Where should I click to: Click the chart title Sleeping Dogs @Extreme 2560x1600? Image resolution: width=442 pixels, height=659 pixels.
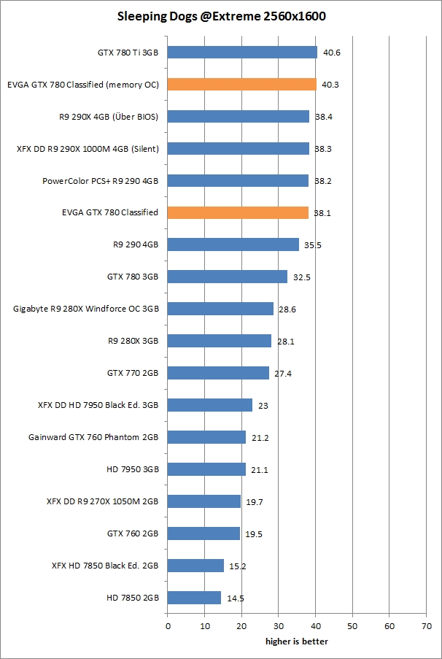pos(221,15)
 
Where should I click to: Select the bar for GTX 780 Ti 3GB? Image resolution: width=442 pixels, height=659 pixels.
pos(242,53)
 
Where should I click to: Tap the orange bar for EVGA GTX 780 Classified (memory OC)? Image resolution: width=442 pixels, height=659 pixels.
pos(241,85)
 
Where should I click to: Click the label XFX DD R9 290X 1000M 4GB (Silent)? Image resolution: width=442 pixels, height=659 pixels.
pos(88,149)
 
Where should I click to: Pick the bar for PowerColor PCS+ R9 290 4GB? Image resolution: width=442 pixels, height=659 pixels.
pos(238,181)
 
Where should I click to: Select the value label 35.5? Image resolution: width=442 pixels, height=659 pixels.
pos(313,245)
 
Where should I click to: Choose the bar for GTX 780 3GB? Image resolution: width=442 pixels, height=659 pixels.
pos(228,277)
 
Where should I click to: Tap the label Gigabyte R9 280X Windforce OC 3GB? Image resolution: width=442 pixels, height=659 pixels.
pos(86,309)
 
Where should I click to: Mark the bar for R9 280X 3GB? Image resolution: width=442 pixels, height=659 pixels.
pos(220,341)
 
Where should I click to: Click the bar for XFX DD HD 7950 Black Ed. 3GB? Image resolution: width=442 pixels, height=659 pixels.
pos(210,405)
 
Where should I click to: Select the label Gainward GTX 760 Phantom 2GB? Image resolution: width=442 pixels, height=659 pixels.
pos(94,437)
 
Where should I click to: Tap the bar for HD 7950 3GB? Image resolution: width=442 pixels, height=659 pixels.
pos(206,469)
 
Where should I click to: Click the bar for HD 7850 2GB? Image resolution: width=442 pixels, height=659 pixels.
pos(194,598)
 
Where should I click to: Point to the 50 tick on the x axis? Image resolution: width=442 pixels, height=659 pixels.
pos(352,626)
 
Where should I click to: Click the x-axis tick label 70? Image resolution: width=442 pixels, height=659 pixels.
pos(426,626)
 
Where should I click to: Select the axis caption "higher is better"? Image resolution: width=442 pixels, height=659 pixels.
pos(296,641)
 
